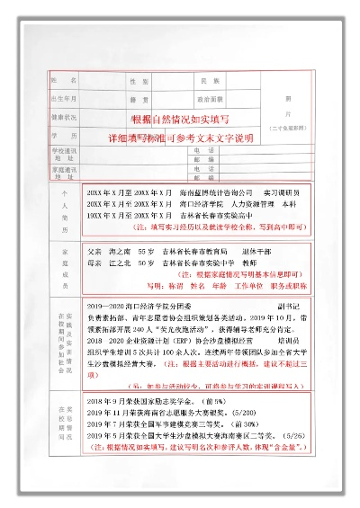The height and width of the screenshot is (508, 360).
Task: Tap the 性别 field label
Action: click(x=136, y=81)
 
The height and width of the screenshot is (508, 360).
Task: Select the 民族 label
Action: click(x=210, y=81)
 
